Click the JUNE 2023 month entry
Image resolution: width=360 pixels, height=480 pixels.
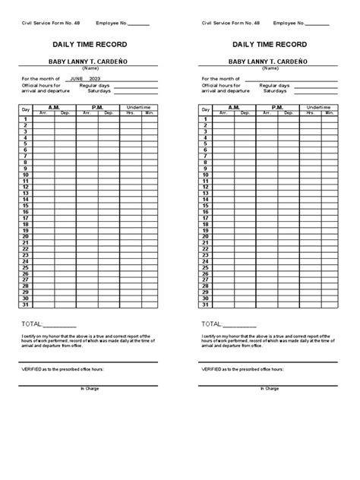(84, 78)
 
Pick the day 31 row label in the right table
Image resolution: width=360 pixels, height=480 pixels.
(205, 305)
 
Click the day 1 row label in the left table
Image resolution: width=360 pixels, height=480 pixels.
(25, 119)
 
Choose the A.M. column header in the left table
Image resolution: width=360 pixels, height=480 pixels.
(54, 107)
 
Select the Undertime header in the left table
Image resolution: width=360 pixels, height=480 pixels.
(139, 107)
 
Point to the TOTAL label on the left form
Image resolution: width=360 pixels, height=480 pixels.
(33, 323)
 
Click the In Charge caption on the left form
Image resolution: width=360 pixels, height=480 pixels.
(90, 388)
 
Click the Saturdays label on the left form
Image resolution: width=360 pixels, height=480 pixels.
(93, 91)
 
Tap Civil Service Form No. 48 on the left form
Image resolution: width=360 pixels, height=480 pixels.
(50, 24)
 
